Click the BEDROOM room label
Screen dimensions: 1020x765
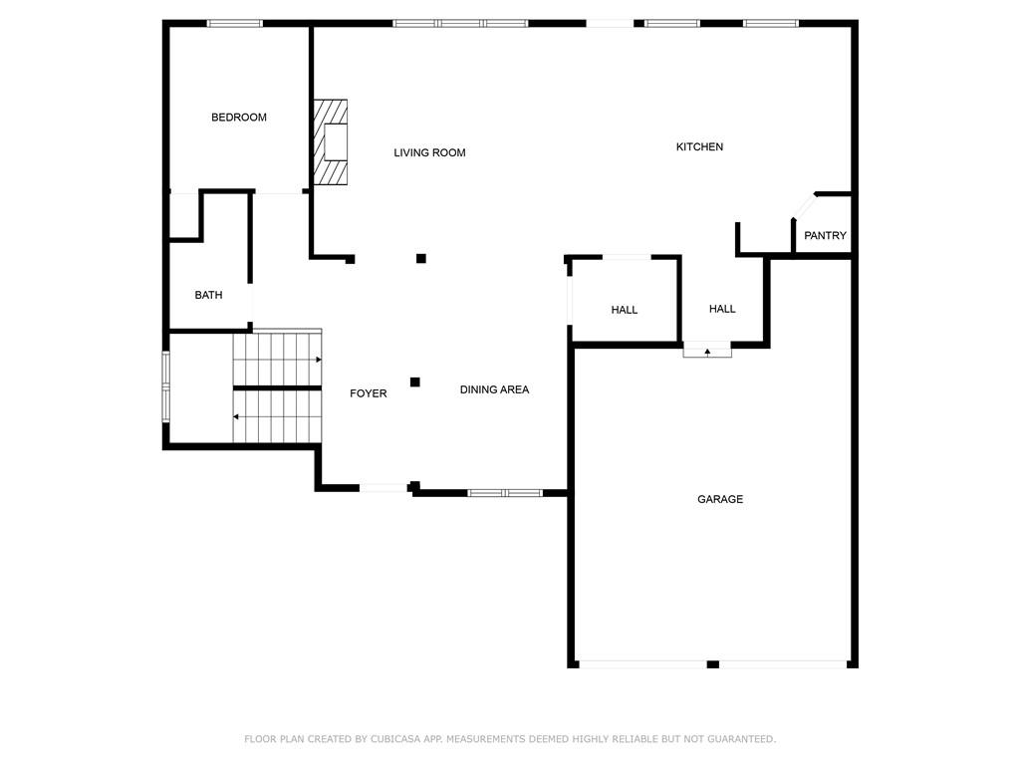tap(239, 118)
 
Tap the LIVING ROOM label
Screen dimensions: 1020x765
tap(429, 152)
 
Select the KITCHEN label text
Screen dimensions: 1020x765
tap(699, 147)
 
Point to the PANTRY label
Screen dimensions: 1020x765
tap(825, 235)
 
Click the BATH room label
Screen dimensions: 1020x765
tap(208, 295)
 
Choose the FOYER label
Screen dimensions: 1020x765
tap(369, 393)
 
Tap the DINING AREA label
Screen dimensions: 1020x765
tap(494, 389)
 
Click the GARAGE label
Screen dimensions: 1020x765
tap(720, 499)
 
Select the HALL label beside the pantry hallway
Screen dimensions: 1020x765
tap(722, 309)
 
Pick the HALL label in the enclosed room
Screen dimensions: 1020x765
tap(624, 311)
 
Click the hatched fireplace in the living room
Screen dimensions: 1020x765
tap(331, 141)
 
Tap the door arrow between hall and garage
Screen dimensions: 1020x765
tap(707, 352)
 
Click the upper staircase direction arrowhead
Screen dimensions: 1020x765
tap(319, 360)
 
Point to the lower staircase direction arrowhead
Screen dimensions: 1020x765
tap(236, 416)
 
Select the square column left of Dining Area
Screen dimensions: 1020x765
tap(415, 382)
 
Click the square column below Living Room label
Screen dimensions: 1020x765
tap(421, 258)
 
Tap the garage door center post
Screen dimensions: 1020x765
tap(713, 664)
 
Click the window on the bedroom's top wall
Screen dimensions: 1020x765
tap(235, 24)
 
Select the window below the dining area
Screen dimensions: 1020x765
tap(505, 493)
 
